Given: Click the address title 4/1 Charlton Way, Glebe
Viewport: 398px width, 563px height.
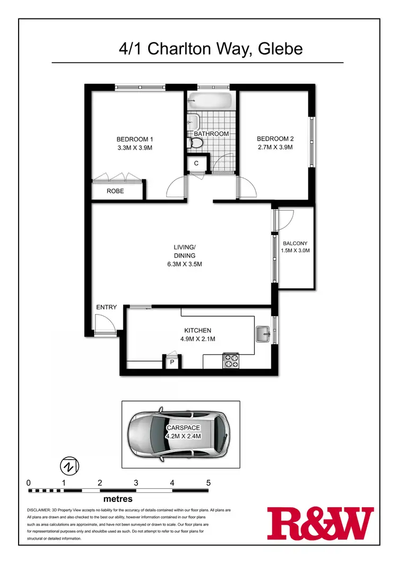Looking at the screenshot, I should tap(211, 49).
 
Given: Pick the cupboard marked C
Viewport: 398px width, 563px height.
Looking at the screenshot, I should tap(196, 163).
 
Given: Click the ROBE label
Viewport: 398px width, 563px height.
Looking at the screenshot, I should tap(115, 191).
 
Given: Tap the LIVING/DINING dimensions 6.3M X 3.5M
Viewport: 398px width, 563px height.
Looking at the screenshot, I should tap(184, 264).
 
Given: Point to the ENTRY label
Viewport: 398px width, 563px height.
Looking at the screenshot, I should tap(106, 307).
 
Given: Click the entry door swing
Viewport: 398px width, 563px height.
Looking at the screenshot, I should tap(102, 323).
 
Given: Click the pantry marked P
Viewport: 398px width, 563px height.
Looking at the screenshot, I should tap(172, 362).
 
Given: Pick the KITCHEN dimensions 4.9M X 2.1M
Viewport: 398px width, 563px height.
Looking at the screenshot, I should tap(198, 339).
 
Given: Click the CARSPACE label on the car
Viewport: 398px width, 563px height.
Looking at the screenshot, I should tap(183, 428).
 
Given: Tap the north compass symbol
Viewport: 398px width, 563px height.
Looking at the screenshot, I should tap(69, 465).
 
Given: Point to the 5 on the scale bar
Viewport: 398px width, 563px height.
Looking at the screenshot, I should tap(209, 483).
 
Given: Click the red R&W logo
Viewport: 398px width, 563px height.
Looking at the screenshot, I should tap(320, 522).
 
